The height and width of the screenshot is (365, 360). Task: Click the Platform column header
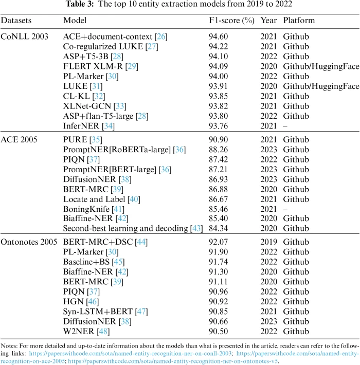tap(299, 21)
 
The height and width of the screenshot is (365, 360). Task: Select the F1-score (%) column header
tap(228, 21)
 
